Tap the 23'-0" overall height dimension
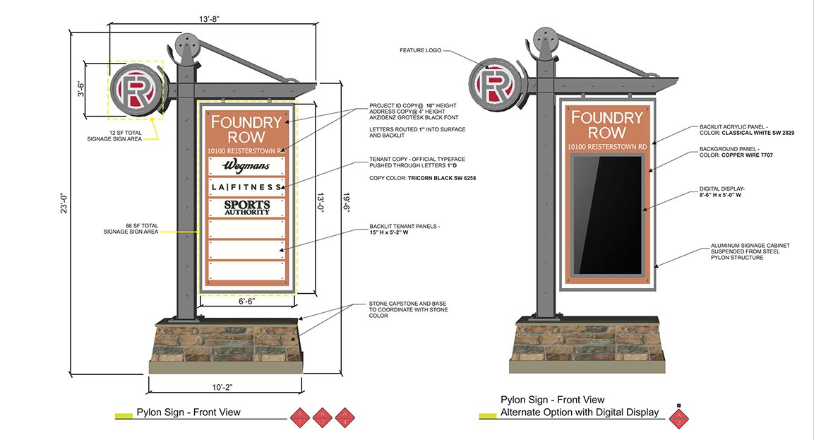click(64, 203)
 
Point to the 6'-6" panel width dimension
click(247, 302)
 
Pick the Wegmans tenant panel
click(247, 165)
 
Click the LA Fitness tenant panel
click(247, 186)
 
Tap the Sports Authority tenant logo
click(247, 208)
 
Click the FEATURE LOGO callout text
click(421, 51)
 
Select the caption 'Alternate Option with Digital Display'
click(580, 412)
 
